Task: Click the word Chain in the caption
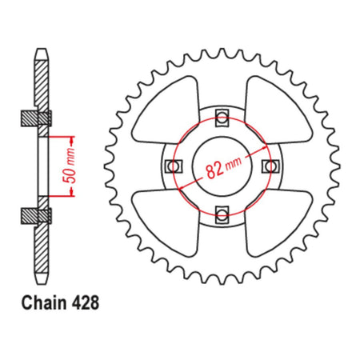38,303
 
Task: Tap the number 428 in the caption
85,303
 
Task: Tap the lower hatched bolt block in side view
37,214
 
